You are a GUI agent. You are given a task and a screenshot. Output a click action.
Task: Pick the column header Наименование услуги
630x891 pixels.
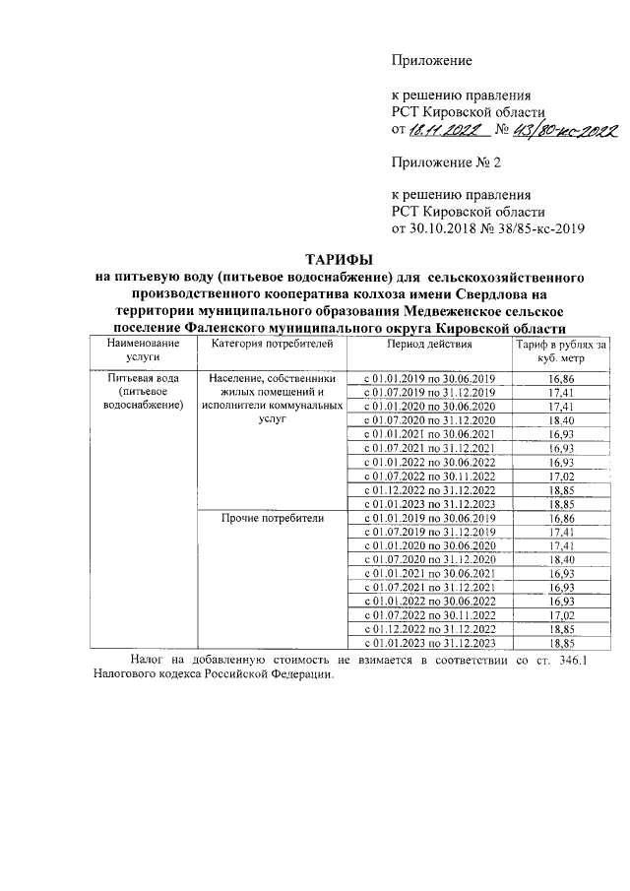tap(137, 350)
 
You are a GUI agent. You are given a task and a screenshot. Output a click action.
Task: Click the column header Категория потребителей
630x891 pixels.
tap(266, 344)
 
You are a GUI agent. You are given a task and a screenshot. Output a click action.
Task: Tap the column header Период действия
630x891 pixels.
tap(429, 344)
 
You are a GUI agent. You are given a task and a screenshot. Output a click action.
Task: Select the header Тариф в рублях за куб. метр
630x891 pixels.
tap(562, 350)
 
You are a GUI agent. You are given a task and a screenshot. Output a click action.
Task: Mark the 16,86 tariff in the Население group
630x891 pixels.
tap(562, 379)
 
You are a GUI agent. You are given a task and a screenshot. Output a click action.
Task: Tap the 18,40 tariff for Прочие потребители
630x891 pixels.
tap(562, 559)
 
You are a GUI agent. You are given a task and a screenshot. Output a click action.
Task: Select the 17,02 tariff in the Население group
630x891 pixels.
tap(562, 476)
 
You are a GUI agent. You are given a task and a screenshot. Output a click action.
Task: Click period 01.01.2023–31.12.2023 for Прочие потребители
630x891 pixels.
tap(429, 643)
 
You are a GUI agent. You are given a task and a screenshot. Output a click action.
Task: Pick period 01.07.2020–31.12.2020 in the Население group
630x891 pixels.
tap(429, 420)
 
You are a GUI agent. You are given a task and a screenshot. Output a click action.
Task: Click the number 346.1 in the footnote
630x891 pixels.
tap(570, 661)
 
